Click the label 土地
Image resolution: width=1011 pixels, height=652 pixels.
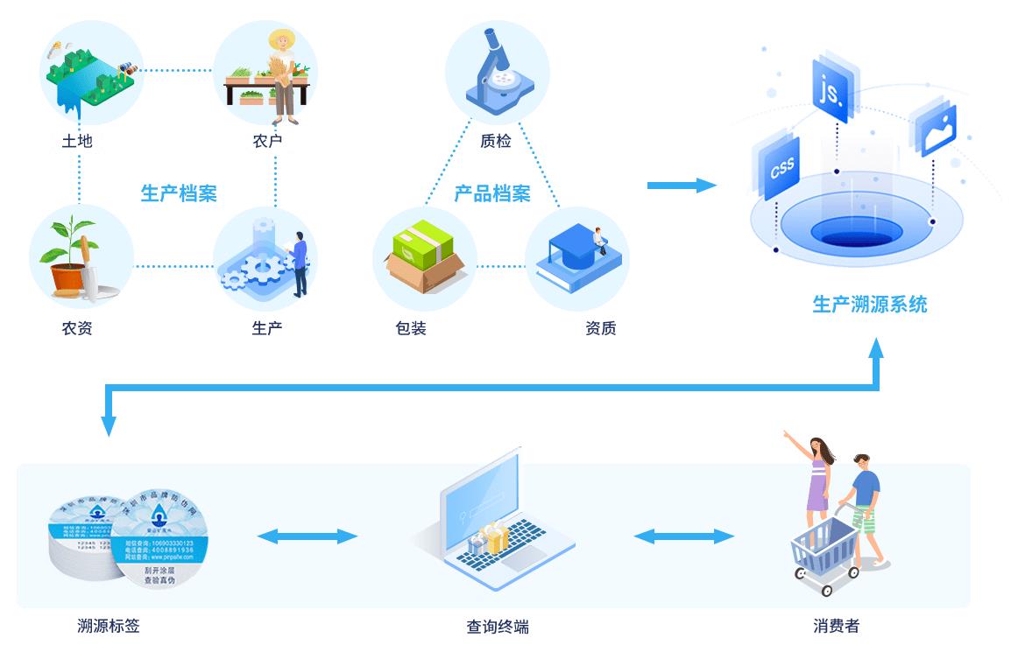[x=77, y=140]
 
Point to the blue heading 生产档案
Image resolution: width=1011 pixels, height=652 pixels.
[x=179, y=193]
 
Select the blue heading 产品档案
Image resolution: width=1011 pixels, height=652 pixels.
[x=491, y=193]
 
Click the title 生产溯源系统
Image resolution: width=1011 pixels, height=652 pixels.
[x=869, y=304]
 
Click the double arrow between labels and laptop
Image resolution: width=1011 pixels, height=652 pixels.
[x=307, y=536]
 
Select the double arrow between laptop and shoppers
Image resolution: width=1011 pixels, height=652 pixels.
[x=684, y=536]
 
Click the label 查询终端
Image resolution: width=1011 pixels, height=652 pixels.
[x=497, y=627]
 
